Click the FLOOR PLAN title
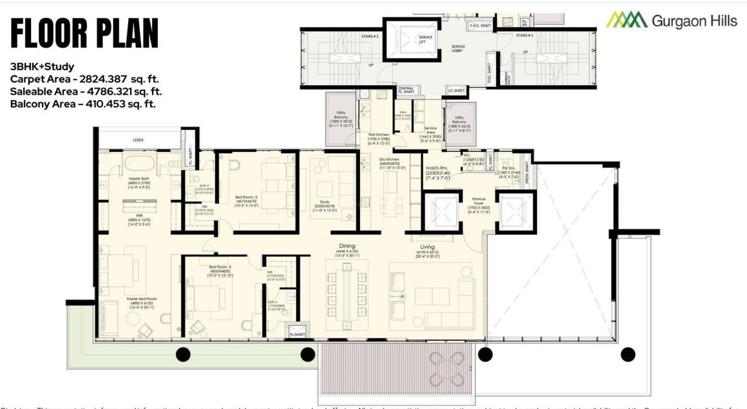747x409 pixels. click(84, 33)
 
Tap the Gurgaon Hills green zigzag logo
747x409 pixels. click(626, 20)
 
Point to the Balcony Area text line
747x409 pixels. click(82, 104)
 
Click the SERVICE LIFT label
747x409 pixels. click(426, 39)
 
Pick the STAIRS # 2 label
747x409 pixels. click(370, 37)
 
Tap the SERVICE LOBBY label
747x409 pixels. click(458, 48)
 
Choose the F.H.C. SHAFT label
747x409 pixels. click(481, 26)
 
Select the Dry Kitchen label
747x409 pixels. click(389, 159)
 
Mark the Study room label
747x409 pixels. click(325, 202)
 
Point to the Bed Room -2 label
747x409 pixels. click(247, 197)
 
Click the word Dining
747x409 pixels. click(347, 246)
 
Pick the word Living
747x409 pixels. click(427, 247)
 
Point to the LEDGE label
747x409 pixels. click(138, 140)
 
